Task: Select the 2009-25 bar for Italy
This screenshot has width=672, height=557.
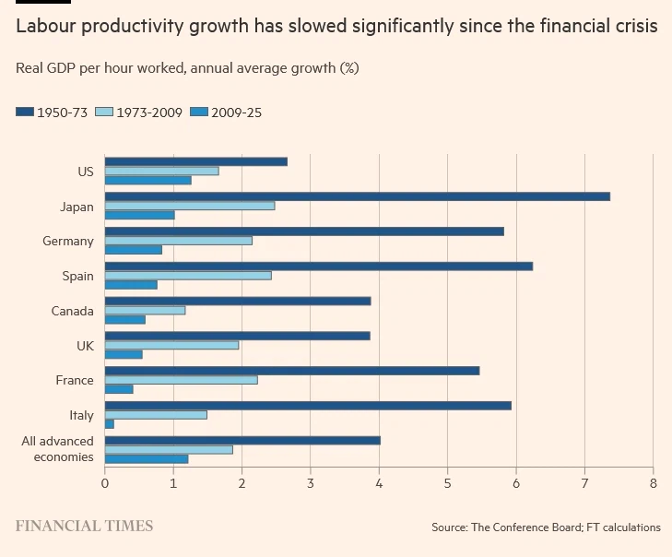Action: click(x=110, y=424)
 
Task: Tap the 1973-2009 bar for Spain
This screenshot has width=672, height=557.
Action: click(x=188, y=276)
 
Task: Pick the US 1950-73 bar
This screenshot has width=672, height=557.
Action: click(x=195, y=161)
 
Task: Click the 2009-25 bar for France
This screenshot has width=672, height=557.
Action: click(x=119, y=389)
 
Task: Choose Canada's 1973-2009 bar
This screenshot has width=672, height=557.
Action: click(x=145, y=310)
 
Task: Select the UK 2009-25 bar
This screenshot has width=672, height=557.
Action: click(x=124, y=354)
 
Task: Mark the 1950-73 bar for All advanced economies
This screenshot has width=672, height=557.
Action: click(x=242, y=440)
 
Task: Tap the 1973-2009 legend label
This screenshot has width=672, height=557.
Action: click(x=148, y=113)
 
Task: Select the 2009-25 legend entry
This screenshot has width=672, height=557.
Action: click(x=226, y=113)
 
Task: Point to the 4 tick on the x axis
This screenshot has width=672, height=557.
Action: click(x=379, y=482)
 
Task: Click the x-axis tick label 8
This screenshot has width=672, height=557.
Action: click(x=653, y=482)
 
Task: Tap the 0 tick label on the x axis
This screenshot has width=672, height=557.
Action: click(x=105, y=482)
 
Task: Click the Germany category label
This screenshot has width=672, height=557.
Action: click(x=67, y=242)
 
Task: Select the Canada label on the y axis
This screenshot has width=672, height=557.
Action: click(x=72, y=311)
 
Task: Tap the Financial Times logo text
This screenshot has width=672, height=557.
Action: click(x=84, y=527)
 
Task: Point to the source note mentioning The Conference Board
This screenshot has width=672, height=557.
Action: click(x=546, y=527)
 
